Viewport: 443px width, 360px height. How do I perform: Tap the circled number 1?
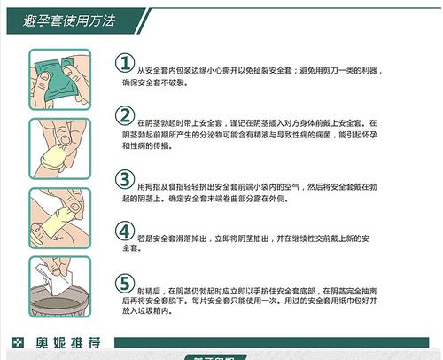point(127,63)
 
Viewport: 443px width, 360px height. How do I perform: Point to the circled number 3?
point(127,179)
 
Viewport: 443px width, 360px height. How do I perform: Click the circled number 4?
point(127,232)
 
